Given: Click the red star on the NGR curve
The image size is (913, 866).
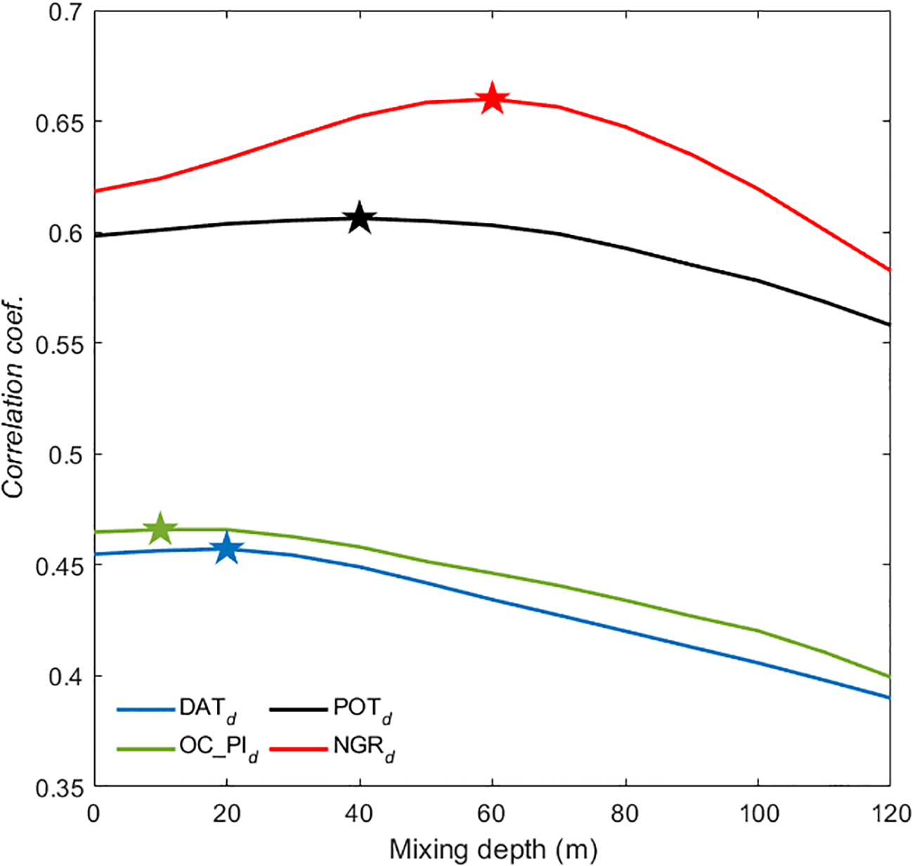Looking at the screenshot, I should pyautogui.click(x=492, y=98).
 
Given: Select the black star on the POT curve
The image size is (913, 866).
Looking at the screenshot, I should pyautogui.click(x=359, y=218).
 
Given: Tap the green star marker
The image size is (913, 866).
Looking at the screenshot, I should pyautogui.click(x=160, y=529).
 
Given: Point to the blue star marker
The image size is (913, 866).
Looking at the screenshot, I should pyautogui.click(x=226, y=549).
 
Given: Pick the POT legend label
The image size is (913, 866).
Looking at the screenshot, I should pyautogui.click(x=363, y=709).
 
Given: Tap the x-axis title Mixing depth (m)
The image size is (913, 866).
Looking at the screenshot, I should pyautogui.click(x=493, y=850).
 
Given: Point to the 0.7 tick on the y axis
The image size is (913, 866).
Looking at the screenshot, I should pyautogui.click(x=64, y=12).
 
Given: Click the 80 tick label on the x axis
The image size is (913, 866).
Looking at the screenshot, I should pyautogui.click(x=625, y=814).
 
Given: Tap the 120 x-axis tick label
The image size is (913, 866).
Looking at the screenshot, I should pyautogui.click(x=888, y=814).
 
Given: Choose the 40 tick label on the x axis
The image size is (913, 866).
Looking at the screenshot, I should pyautogui.click(x=360, y=814).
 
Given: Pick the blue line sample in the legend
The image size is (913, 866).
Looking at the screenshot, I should pyautogui.click(x=145, y=709).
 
